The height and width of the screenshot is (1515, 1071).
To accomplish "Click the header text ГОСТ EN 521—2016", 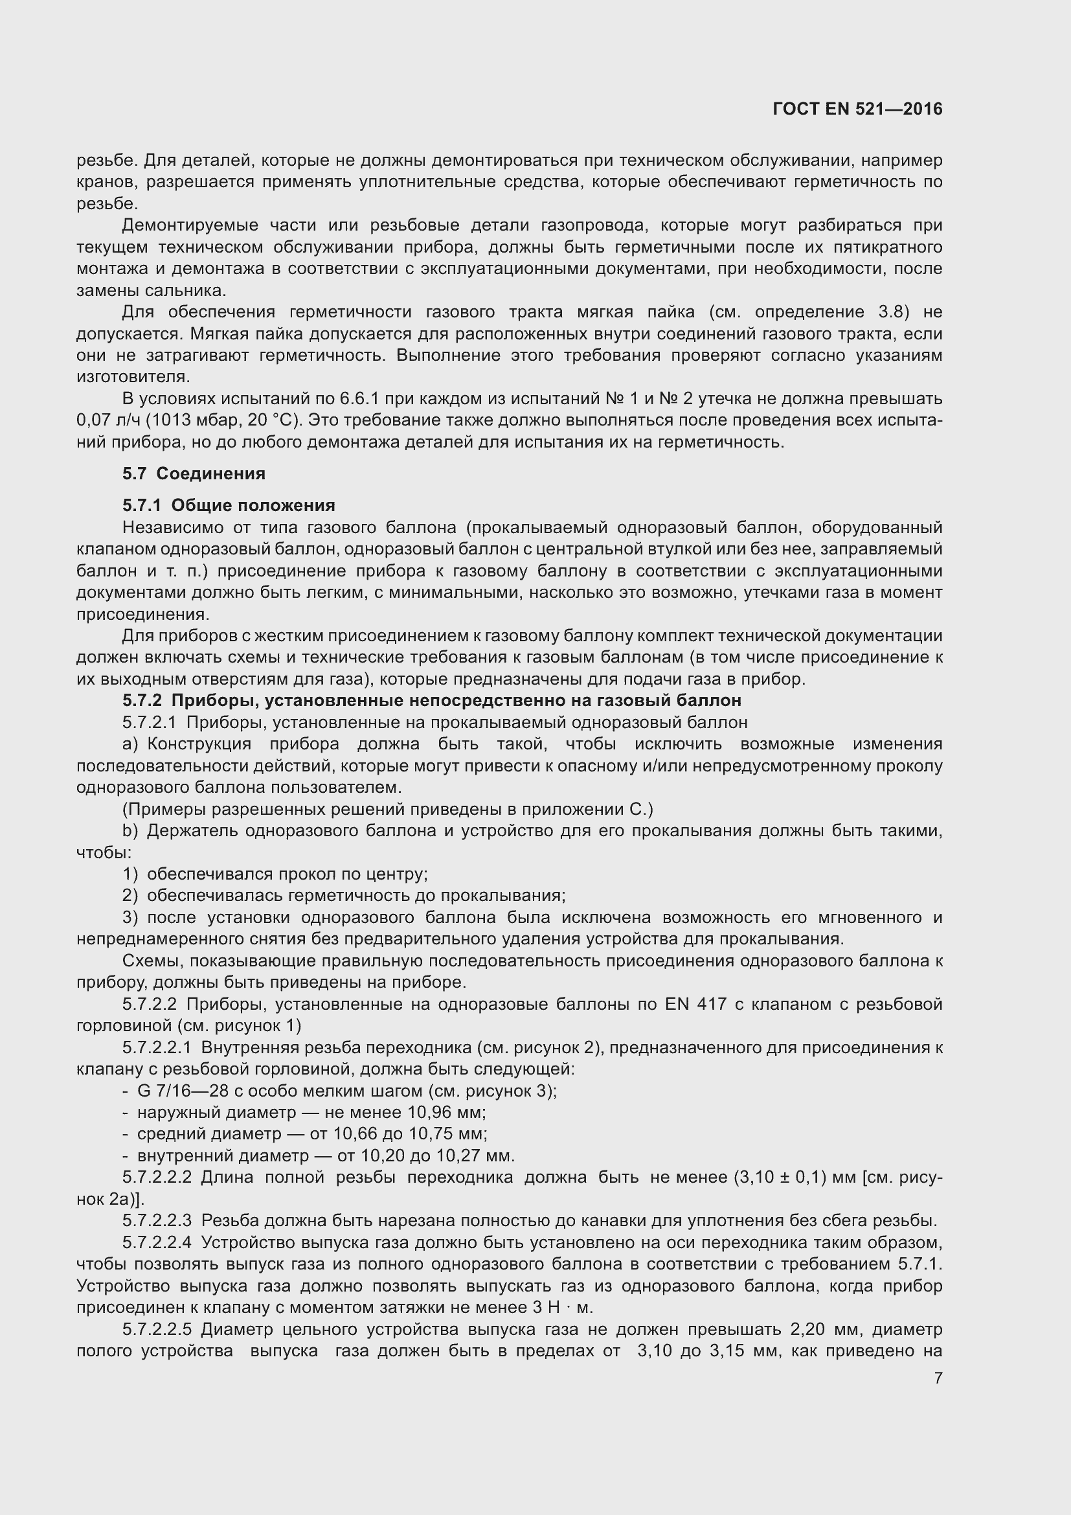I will tap(857, 109).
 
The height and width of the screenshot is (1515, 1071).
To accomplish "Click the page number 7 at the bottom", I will tap(938, 1378).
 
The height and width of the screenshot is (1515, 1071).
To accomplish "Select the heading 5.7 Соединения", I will tap(193, 473).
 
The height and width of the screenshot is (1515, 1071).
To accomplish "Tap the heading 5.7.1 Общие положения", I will tap(228, 505).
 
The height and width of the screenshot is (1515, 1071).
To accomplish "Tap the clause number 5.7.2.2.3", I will tap(157, 1220).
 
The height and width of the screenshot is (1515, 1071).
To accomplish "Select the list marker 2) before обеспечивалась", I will tap(130, 895).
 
